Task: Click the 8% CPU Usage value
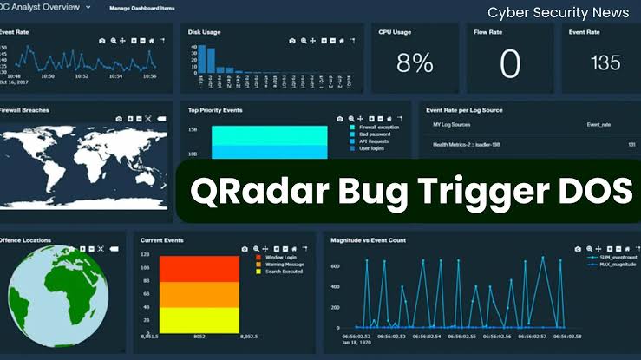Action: point(415,62)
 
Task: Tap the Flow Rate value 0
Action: point(510,63)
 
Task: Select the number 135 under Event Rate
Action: point(605,62)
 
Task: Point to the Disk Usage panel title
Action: point(204,32)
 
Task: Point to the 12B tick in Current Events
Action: point(147,255)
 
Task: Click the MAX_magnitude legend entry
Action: point(618,265)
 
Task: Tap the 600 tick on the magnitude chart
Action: point(334,265)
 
